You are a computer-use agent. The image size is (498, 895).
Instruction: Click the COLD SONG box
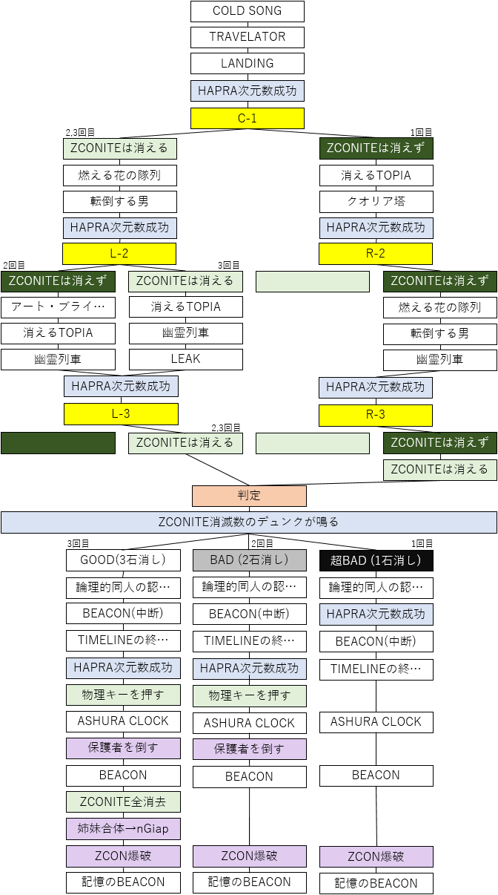pos(248,11)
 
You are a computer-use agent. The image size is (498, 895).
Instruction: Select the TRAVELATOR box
pos(248,38)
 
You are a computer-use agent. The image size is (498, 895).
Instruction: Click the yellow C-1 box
pos(248,118)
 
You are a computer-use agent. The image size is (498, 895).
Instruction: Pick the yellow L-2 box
pos(119,254)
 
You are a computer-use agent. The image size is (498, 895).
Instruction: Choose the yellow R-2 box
pos(376,254)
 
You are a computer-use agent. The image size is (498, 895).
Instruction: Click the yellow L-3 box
pos(121,413)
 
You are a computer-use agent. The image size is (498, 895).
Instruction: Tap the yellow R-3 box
pos(376,415)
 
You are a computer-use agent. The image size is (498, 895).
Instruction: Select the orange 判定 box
pos(249,496)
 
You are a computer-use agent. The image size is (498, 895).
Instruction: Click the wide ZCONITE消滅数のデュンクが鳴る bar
pos(249,522)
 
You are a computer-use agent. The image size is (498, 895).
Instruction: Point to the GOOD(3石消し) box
pos(123,560)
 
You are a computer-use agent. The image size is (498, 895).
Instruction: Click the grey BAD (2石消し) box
pos(249,560)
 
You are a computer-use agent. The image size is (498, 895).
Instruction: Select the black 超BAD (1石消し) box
pos(376,560)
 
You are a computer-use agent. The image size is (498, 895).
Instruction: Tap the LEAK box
pos(186,359)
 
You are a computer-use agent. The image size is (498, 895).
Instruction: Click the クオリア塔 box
pos(376,202)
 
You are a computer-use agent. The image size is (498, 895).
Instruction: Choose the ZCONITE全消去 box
pos(123,802)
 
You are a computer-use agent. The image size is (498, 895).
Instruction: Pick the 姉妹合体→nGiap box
pos(123,829)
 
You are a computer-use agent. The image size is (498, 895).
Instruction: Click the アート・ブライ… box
pos(58,307)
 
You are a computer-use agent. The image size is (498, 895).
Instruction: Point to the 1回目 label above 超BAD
pos(422,544)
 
